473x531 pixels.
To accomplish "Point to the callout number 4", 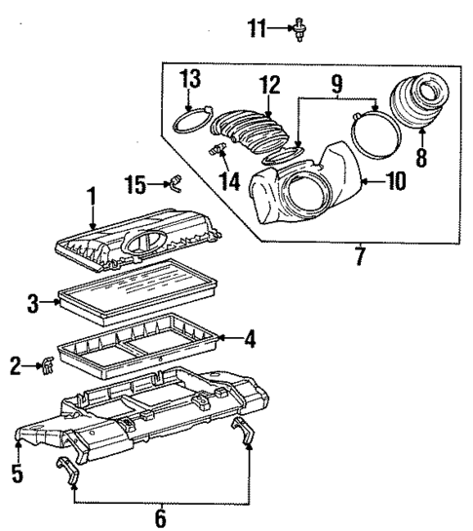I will click(x=250, y=340).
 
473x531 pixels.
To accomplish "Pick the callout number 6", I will click(x=160, y=516).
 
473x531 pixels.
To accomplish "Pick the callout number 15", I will click(x=138, y=182).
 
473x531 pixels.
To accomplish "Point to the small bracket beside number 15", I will click(x=173, y=181).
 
